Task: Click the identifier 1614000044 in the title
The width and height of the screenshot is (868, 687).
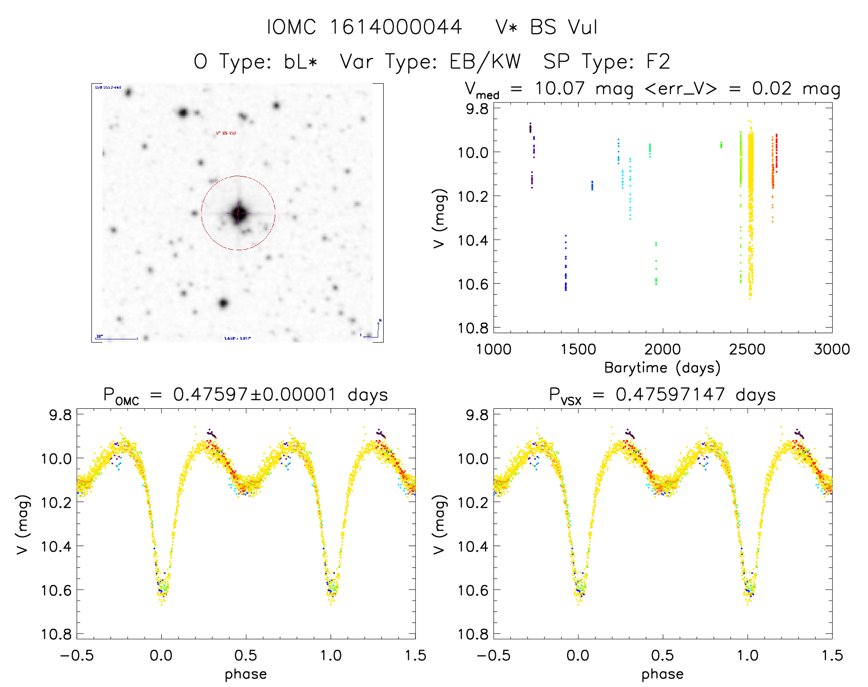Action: coord(396,27)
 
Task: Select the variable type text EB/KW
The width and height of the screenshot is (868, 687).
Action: coord(485,62)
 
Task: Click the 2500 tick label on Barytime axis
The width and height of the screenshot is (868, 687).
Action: coord(747,349)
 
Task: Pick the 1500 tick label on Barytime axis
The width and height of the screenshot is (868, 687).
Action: coord(578,349)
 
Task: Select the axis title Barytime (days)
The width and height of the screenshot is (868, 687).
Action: coord(662,368)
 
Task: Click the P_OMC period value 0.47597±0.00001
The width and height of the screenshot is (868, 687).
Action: coord(255,395)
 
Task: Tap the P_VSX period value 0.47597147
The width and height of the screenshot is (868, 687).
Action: coord(670,395)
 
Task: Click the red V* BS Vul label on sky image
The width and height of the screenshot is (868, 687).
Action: coord(226,133)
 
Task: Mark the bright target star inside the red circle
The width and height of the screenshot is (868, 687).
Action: coord(238,213)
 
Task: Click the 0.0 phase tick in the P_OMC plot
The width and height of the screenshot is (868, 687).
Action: coord(161,655)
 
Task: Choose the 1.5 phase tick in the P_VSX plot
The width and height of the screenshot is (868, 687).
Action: coord(832,655)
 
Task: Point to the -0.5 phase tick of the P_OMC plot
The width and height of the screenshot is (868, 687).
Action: coord(77,655)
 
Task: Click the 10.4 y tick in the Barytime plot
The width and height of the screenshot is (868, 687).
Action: coord(472,240)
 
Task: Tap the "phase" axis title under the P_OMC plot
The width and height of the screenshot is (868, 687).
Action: coord(246,674)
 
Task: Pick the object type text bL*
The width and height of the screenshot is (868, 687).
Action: coord(301,62)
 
